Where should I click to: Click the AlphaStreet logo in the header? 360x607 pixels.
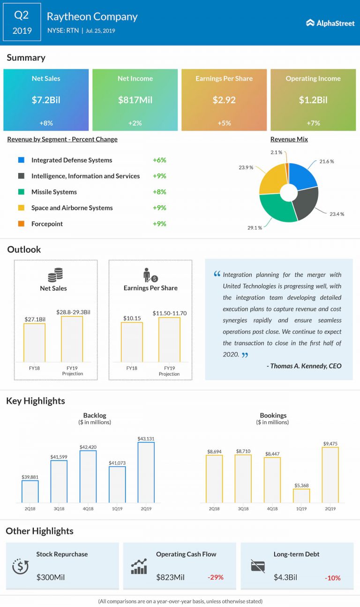point(330,23)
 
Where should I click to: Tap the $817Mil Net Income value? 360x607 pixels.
point(135,100)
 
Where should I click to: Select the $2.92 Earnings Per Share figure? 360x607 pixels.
point(224,100)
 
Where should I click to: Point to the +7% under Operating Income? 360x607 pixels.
point(313,123)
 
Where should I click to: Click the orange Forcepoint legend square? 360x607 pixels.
point(21,224)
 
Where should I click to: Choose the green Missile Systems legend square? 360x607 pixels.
point(21,192)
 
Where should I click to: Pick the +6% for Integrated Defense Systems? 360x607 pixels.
point(159,160)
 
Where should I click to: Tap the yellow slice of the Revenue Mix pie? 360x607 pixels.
point(271,181)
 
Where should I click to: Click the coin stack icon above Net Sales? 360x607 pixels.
point(55,274)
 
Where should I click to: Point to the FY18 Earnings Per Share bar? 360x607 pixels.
point(132,342)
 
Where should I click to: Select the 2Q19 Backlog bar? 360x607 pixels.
point(146,472)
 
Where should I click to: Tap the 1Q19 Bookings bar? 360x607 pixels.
point(301,496)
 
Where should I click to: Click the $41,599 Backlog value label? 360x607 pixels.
point(59,456)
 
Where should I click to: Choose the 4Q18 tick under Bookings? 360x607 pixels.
point(272,509)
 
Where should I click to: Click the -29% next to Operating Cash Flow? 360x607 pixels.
point(216,577)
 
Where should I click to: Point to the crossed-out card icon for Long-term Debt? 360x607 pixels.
point(258,566)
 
